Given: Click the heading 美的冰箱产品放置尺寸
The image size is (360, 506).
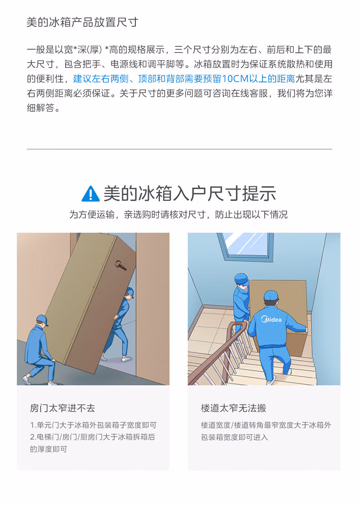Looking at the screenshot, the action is coord(82,22).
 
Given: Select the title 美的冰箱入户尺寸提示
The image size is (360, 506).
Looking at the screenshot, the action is coord(190,194).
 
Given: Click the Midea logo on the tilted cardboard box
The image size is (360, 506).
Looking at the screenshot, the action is coord(121,266).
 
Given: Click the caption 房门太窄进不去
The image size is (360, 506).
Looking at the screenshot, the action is coord(62,408).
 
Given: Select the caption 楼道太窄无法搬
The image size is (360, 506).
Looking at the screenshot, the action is coord(233,408).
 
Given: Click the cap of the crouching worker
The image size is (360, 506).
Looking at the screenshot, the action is coord(42,320).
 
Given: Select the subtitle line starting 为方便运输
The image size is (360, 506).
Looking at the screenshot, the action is coord(179,215).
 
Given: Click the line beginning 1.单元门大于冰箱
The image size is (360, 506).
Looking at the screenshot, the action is coord(93,425).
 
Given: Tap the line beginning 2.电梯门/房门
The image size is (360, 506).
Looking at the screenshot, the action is coord(93,437).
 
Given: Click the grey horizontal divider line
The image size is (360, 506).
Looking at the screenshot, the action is coord(180,149).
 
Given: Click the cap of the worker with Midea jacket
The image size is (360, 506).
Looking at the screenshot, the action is coord(271,295).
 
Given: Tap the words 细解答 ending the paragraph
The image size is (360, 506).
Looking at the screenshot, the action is coord(41,108).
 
